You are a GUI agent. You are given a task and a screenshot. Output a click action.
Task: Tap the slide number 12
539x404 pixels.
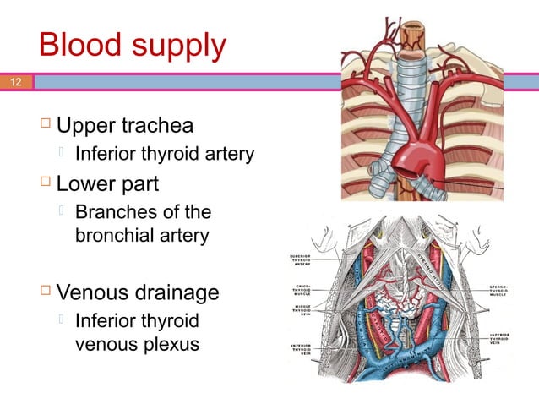15,82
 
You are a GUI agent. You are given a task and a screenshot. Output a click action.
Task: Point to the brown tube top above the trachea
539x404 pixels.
414,34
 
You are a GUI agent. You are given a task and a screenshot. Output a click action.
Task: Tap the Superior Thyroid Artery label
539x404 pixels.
302,259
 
